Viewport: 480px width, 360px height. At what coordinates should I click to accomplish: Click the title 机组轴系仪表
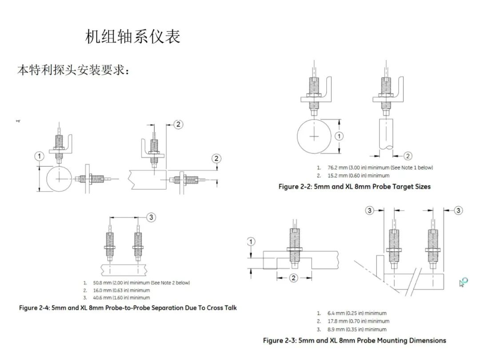click(x=132, y=37)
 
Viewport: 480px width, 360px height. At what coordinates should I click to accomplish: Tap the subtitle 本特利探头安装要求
click(x=73, y=70)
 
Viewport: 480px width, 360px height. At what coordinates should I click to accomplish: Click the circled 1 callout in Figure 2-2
click(x=339, y=136)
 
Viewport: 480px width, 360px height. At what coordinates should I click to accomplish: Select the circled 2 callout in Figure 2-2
click(x=408, y=156)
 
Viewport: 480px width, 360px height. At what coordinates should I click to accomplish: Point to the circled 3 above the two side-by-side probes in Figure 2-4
click(x=152, y=217)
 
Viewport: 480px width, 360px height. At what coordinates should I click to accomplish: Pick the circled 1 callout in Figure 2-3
click(x=251, y=242)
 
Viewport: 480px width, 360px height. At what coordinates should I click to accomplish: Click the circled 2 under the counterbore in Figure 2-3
click(x=293, y=278)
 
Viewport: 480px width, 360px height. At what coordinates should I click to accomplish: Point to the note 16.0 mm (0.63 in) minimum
click(x=121, y=290)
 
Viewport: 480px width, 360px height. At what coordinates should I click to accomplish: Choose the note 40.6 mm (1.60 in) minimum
click(x=121, y=298)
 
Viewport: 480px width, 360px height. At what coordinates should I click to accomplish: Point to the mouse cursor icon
click(x=464, y=282)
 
